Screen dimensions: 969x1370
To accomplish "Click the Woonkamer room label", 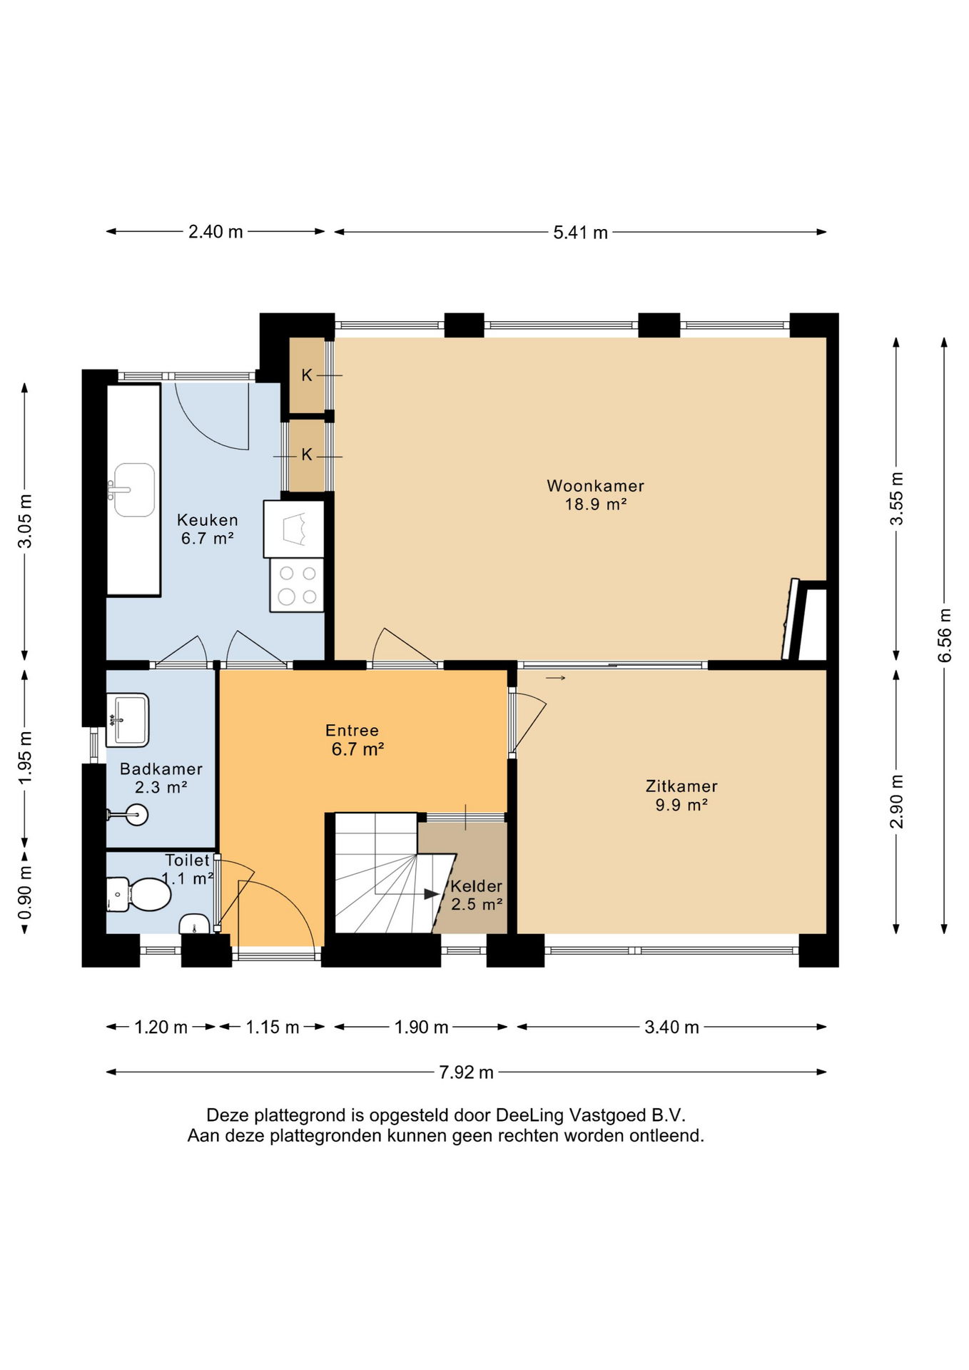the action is (595, 486).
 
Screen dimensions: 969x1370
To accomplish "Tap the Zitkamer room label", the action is (681, 786).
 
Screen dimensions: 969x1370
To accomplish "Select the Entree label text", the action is (352, 731).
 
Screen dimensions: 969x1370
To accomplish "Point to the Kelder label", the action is (476, 886).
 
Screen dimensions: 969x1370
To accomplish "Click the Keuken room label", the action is (208, 520).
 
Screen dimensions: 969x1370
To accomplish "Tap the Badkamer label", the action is (161, 769).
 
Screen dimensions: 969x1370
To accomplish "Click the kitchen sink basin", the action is (134, 489).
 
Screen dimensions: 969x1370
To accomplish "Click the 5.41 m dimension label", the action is (580, 233).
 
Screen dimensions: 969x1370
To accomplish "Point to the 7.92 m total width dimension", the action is (466, 1072).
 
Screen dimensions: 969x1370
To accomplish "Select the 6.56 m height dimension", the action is (945, 635).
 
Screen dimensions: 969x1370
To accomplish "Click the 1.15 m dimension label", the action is (273, 1027).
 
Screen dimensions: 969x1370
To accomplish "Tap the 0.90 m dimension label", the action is (25, 893).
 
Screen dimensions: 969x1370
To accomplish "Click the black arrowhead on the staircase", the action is (432, 894).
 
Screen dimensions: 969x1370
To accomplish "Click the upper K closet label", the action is (307, 375).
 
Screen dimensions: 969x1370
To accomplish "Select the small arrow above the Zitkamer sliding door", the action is (556, 678).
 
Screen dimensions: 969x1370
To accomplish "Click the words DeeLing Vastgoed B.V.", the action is (591, 1115).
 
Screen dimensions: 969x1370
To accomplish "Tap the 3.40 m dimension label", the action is (671, 1027).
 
